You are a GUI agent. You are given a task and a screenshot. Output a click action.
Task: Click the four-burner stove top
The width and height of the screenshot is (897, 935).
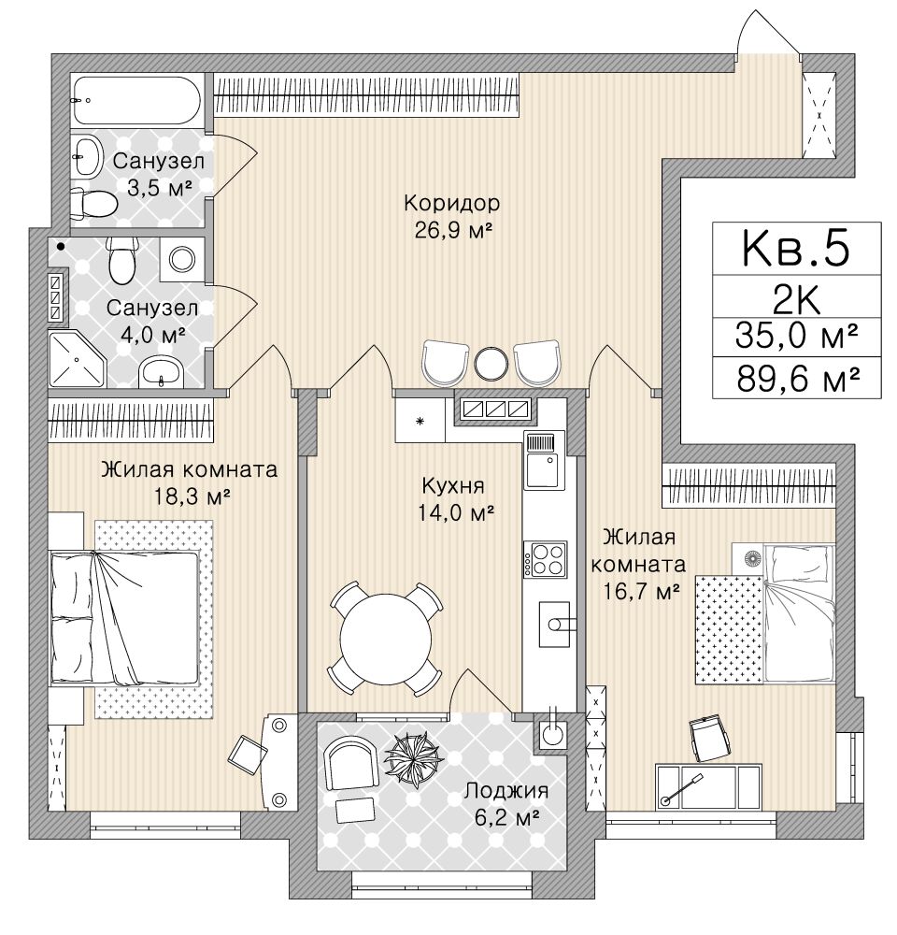point(546,559)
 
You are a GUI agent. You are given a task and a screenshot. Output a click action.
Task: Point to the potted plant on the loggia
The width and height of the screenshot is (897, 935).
point(414,758)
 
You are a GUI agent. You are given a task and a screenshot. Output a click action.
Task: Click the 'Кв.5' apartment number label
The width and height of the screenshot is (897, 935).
point(795,250)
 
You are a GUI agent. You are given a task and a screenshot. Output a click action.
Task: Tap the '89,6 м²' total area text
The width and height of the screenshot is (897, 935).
point(797,379)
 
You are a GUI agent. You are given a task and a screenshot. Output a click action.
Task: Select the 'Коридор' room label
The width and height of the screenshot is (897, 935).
point(452,203)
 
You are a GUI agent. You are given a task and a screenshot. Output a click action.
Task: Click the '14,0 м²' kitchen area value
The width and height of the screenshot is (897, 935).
point(457,512)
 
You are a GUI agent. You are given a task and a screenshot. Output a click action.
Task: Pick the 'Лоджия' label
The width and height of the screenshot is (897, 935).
point(506,791)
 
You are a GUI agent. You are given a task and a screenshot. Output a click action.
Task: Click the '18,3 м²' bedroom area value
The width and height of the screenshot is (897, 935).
point(192,496)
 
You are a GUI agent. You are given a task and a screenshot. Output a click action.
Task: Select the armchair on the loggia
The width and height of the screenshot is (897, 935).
point(351,761)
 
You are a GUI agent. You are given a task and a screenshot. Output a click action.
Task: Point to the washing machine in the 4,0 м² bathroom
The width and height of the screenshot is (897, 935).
point(182,259)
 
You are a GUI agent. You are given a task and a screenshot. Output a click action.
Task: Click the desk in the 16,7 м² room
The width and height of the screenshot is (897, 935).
point(708,786)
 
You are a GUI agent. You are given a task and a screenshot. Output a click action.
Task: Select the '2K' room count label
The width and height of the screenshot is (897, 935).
point(796,300)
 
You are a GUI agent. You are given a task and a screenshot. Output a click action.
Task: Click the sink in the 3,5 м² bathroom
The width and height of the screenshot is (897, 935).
point(87,154)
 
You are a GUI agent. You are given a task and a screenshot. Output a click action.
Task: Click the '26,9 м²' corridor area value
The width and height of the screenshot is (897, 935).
point(453,230)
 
